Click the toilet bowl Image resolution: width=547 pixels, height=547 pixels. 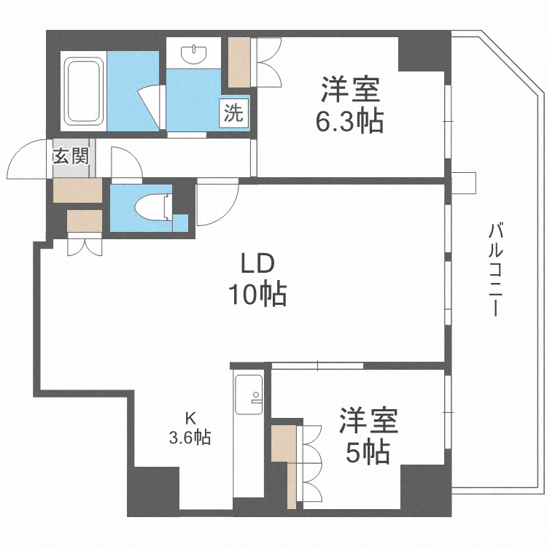[x=152, y=206]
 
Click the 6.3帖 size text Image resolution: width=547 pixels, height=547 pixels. [x=349, y=122]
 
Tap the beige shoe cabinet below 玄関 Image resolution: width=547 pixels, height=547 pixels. [x=77, y=190]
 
